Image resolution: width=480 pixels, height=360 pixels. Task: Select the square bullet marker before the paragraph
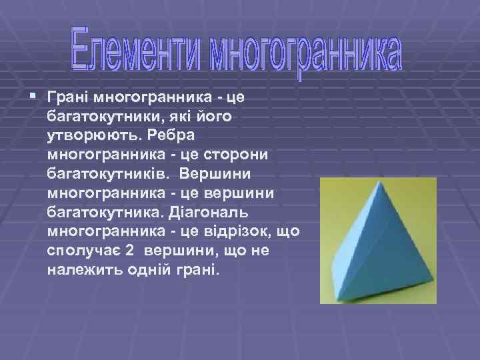coord(34,98)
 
